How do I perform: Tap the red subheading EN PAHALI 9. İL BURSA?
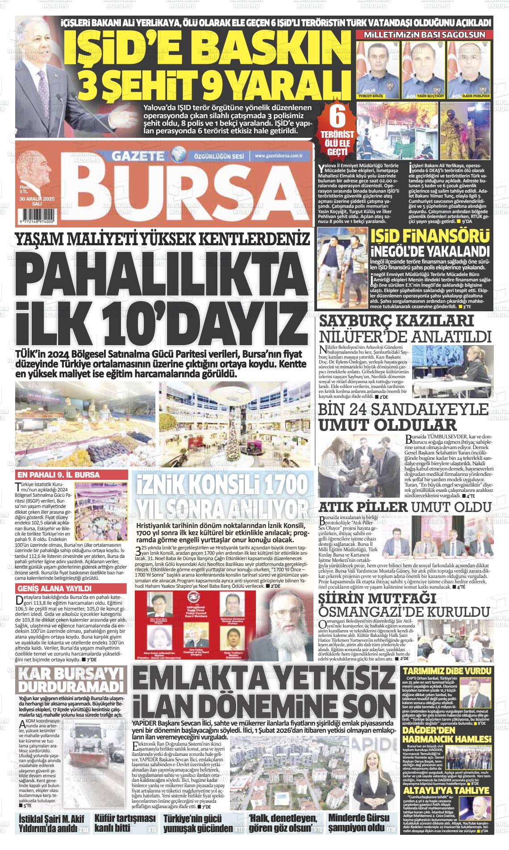click(x=58, y=475)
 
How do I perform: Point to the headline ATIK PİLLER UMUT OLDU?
click(x=405, y=507)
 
